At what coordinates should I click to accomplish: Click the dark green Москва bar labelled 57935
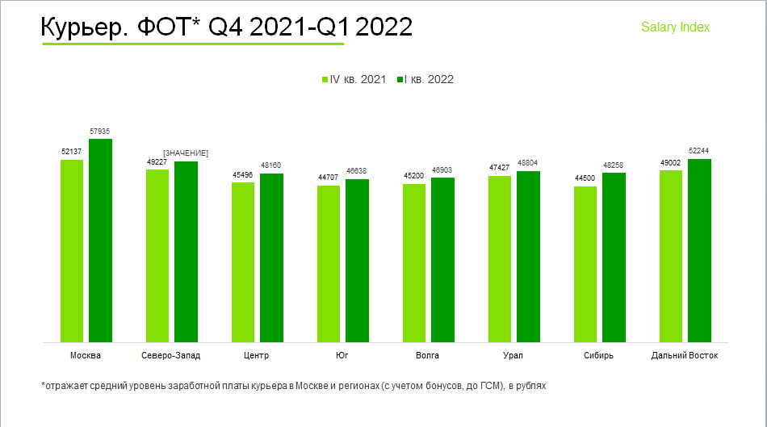click(100, 241)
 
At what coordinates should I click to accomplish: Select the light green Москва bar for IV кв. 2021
click(72, 251)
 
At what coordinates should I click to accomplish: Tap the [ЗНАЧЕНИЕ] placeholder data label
click(186, 153)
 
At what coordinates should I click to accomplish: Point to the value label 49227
click(157, 161)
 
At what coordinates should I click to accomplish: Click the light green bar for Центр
click(243, 262)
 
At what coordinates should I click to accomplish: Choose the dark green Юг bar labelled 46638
click(357, 261)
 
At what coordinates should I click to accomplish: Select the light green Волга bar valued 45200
click(414, 263)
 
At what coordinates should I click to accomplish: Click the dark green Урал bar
click(528, 257)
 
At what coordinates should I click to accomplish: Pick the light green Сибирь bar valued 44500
click(585, 264)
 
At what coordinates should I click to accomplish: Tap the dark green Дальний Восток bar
click(699, 250)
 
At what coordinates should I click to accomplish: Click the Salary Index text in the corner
click(675, 27)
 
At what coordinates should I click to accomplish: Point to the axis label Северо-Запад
click(170, 355)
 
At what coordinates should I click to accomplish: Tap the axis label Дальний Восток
click(684, 355)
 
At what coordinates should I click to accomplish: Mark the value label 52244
click(699, 151)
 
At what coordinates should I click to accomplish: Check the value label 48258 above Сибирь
click(614, 165)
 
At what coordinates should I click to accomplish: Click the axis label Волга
click(427, 355)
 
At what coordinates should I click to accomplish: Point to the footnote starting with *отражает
click(293, 386)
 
